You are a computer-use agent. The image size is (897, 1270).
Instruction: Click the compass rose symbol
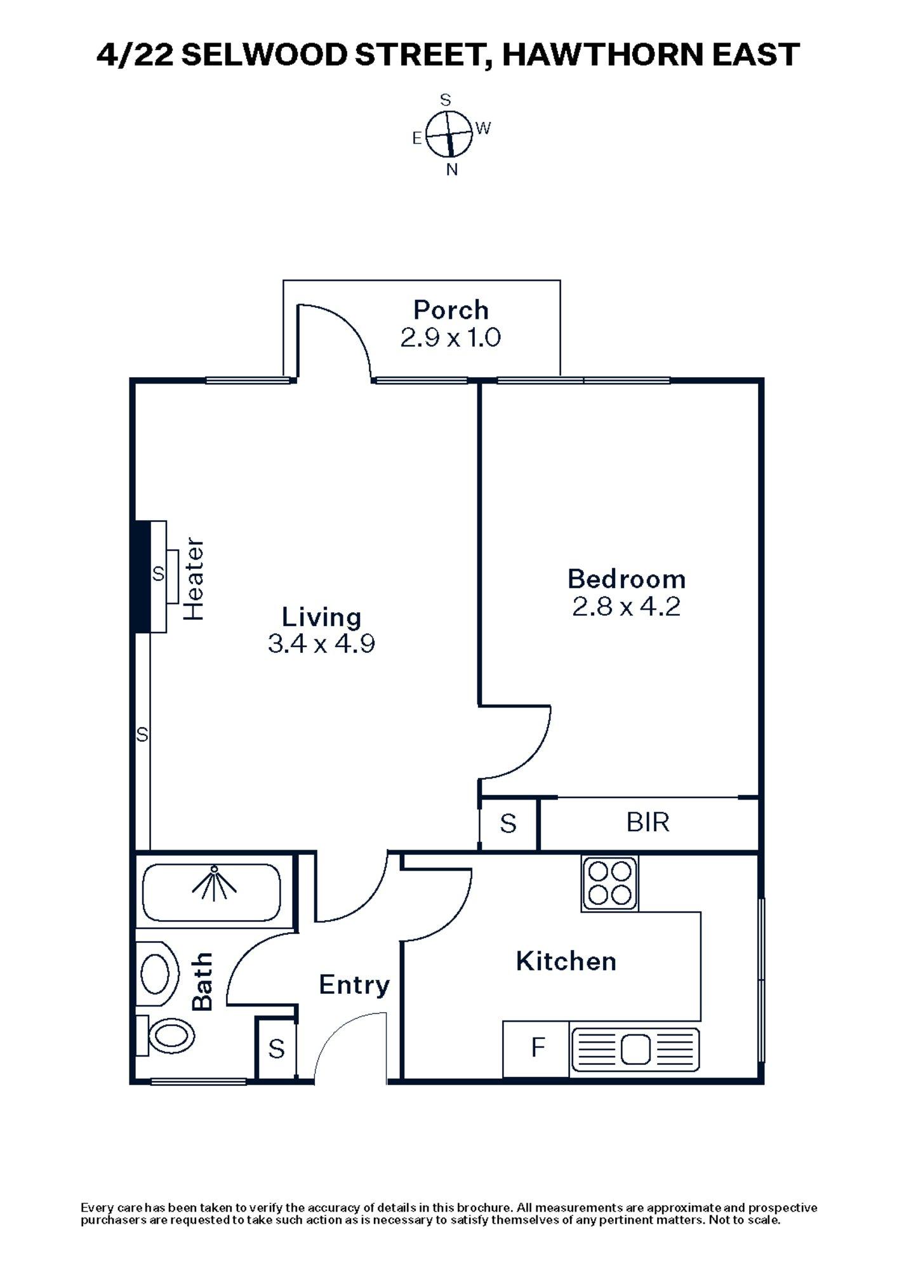[449, 134]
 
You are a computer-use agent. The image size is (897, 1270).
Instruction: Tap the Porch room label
[451, 311]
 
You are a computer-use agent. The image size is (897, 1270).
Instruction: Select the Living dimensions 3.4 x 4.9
[321, 645]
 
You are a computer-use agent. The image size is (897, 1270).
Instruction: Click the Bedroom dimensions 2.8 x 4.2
[626, 608]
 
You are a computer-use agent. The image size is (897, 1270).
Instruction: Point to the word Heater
[194, 579]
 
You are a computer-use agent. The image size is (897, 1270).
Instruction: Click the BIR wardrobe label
[648, 822]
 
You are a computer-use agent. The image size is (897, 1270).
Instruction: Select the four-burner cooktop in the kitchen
[609, 883]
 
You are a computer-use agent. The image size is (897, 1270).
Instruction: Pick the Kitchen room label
[566, 961]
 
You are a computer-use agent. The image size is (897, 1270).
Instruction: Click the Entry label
[354, 985]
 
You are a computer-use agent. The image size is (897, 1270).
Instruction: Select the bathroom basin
[157, 973]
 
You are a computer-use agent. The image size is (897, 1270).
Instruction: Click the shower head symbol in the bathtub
[215, 883]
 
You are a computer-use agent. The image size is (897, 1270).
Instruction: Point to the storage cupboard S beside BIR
[508, 824]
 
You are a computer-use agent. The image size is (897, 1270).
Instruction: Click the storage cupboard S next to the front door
[276, 1048]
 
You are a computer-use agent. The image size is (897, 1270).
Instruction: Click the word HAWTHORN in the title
[602, 55]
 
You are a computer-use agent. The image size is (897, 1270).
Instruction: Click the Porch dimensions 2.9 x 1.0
[451, 338]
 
